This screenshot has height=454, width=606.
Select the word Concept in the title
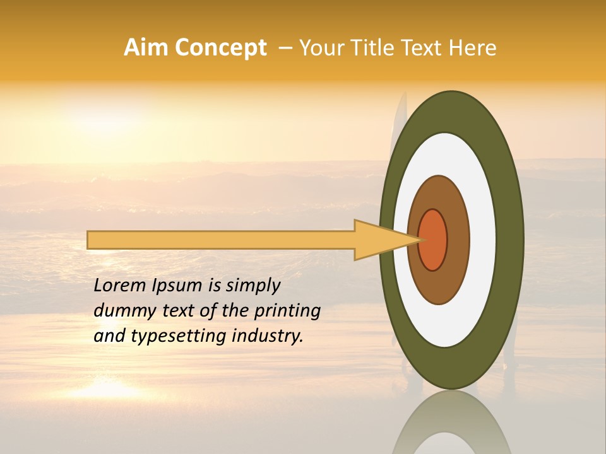coord(220,48)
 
